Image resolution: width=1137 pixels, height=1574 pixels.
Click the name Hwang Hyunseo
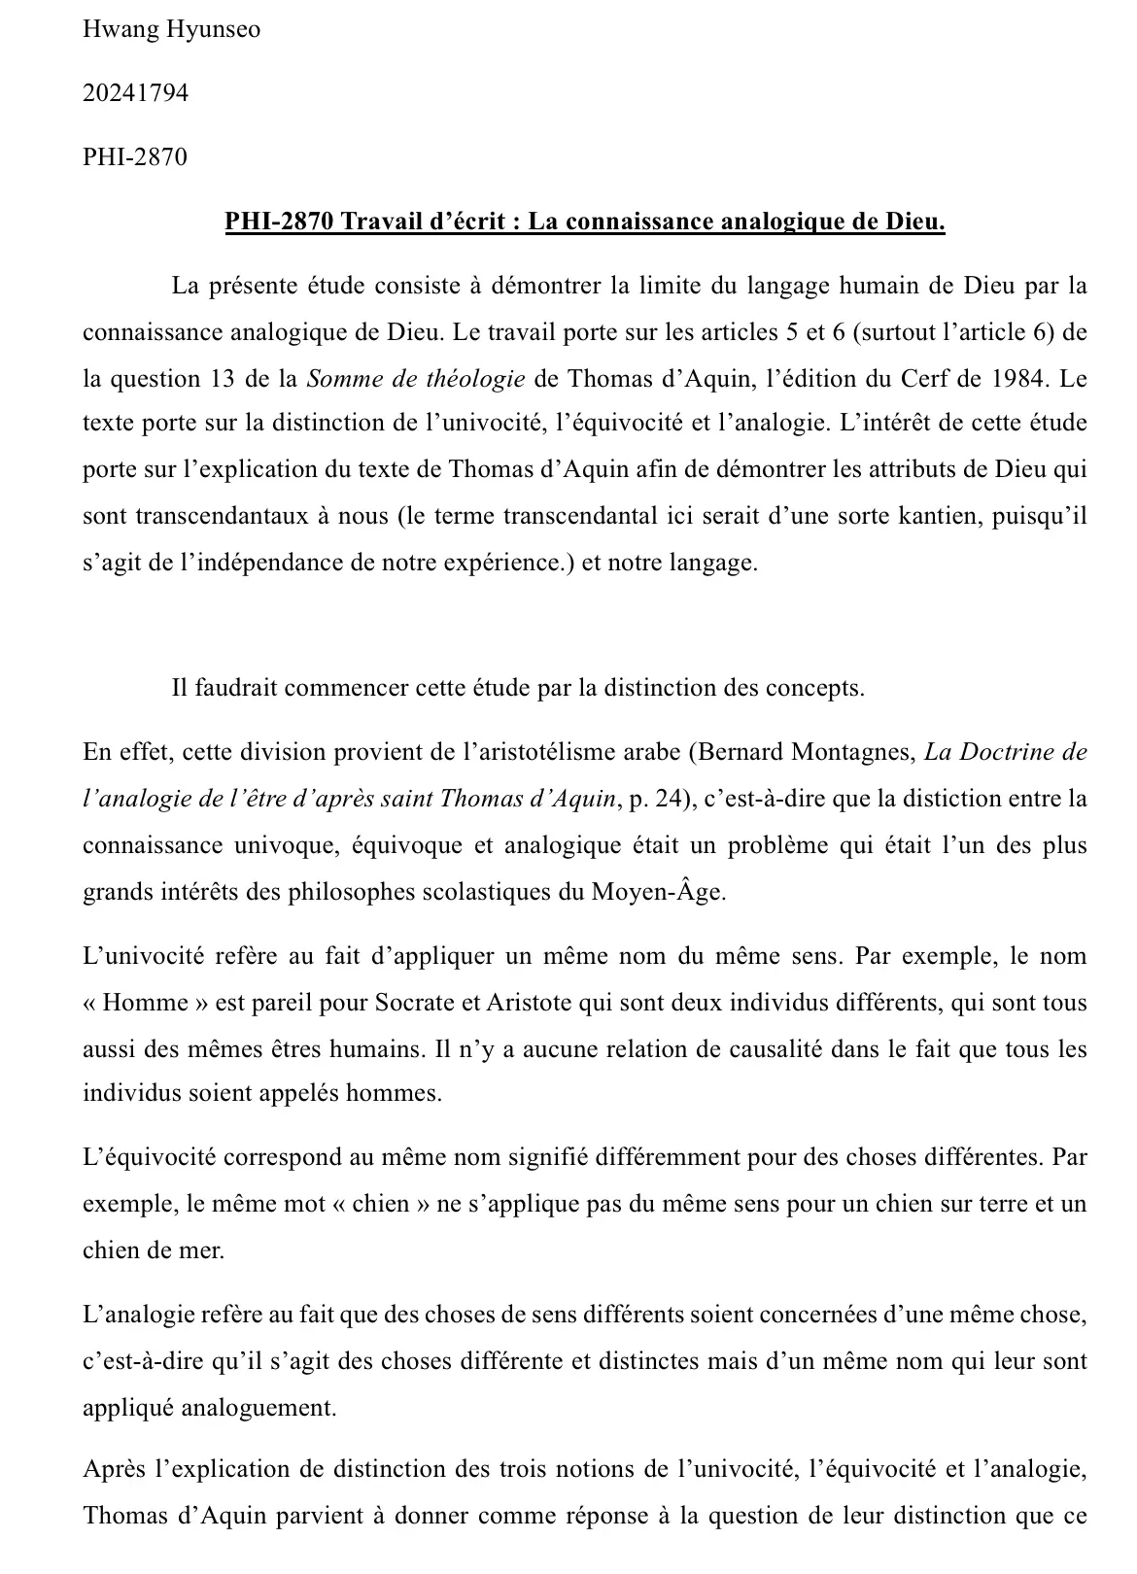point(171,29)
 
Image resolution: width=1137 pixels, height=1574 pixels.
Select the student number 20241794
point(135,93)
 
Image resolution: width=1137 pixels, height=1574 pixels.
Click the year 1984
point(1019,378)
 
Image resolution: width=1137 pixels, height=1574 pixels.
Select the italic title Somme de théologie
point(416,378)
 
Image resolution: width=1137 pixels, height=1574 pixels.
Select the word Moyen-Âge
point(657,892)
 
